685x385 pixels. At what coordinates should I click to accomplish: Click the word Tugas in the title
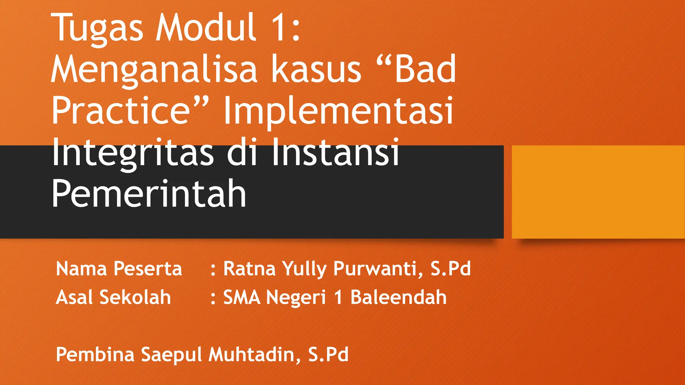click(97, 28)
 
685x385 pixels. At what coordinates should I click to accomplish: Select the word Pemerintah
click(149, 194)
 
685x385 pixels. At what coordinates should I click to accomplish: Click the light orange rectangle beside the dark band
click(598, 192)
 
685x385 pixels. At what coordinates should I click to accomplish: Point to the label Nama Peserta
click(119, 269)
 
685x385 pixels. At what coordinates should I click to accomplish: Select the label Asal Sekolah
click(113, 297)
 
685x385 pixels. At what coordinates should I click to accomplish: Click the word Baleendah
click(398, 297)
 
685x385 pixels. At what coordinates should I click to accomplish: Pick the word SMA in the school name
click(241, 297)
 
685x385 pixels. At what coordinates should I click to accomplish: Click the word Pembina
click(95, 355)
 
